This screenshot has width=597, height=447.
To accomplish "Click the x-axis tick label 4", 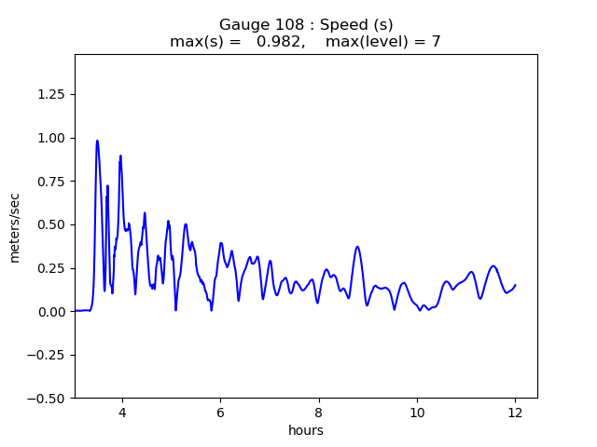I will click(121, 412).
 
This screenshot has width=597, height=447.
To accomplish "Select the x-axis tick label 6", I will click(220, 412).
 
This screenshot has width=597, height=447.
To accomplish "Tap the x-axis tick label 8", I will click(318, 412).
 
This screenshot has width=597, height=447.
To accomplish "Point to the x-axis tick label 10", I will click(417, 412).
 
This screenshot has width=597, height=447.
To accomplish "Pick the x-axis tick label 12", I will click(515, 412).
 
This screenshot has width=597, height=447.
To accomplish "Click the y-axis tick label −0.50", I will click(48, 398).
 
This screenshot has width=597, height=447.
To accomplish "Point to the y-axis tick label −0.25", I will click(48, 355).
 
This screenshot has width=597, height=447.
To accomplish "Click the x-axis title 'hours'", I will click(305, 430).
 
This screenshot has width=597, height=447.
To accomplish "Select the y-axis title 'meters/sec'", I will click(15, 225).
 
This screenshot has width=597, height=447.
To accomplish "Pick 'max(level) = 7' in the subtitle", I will click(382, 41).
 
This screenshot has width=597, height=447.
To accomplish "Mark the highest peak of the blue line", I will click(97, 141).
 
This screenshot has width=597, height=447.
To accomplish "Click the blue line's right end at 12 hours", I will click(515, 285).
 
